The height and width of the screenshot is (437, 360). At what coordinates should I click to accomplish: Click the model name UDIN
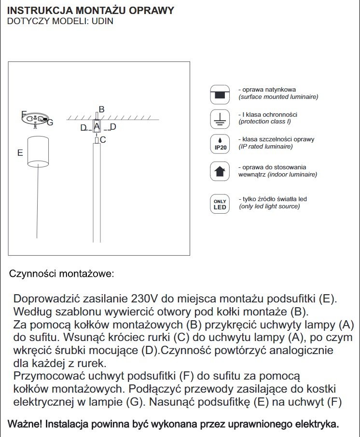point(102,22)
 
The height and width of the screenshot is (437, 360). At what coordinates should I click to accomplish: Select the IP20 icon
point(220,144)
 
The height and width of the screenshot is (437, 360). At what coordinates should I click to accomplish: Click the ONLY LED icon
point(220,204)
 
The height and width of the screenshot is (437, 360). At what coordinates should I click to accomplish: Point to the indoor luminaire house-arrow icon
point(220,171)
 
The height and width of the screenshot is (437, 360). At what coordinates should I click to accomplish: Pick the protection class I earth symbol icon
point(220,118)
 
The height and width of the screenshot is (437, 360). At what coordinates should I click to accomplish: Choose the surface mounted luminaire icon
point(220,94)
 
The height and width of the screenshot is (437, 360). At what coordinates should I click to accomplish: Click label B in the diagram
point(101,109)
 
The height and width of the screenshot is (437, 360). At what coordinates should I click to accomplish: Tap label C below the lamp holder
point(103,140)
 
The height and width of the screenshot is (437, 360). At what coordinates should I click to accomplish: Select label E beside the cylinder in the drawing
point(20,152)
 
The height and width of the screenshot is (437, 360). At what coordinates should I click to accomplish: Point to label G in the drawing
point(50,123)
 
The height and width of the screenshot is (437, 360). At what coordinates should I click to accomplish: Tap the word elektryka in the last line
point(317,424)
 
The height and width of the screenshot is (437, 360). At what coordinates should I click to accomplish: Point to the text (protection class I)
point(265,122)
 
